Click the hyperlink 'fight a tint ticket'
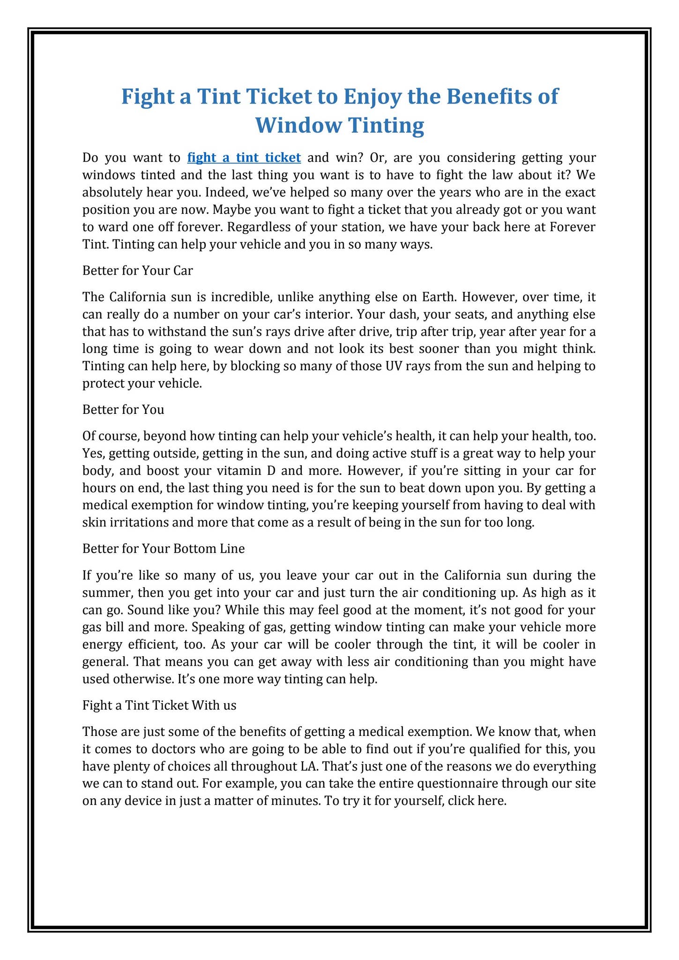pos(244,157)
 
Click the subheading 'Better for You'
pos(123,410)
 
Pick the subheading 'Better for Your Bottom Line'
pos(163,549)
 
